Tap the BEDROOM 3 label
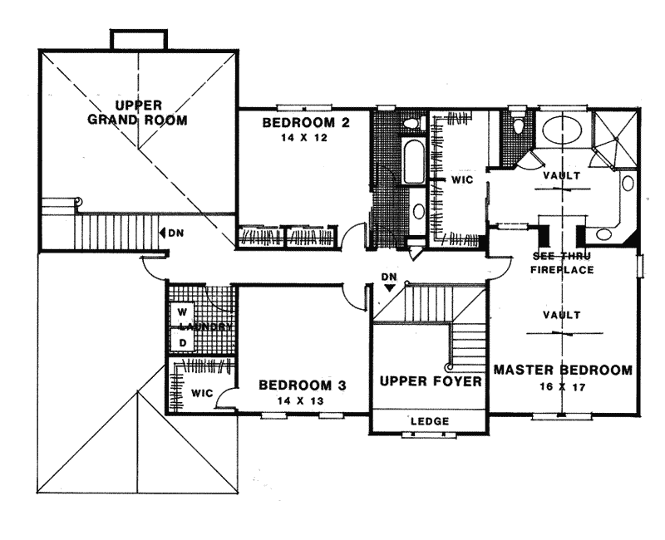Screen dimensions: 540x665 point(302,385)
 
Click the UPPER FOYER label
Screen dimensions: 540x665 point(431,381)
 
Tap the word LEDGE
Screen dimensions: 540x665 point(430,422)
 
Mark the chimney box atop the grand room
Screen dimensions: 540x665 point(138,39)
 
